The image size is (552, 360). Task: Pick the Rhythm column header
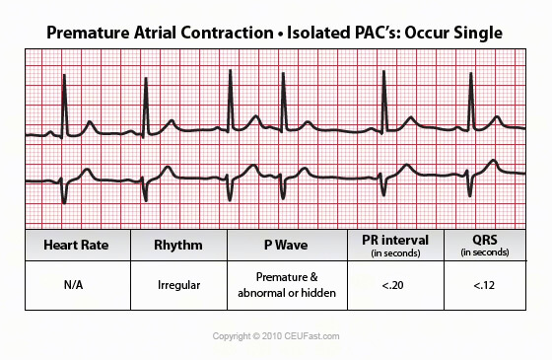[x=178, y=244]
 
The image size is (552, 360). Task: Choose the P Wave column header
[x=286, y=244]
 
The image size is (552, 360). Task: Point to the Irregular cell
[x=178, y=285]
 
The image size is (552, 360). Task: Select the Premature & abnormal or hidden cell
[x=286, y=285]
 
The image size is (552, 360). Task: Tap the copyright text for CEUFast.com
[x=276, y=336]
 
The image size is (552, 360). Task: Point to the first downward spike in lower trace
[x=64, y=192]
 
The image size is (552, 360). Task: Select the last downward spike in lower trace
[x=471, y=192]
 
